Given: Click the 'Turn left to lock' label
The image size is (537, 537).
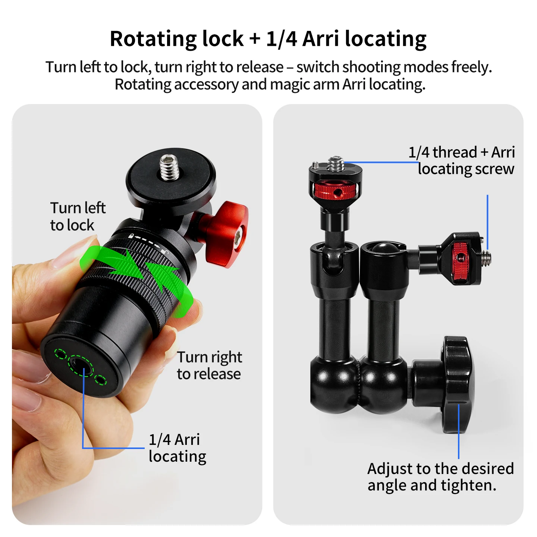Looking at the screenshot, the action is (78, 216).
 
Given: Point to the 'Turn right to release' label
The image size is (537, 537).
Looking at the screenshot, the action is (209, 365).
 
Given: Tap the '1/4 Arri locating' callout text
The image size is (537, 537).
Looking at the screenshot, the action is (177, 448).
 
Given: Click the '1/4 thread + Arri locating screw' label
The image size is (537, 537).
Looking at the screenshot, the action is (462, 160).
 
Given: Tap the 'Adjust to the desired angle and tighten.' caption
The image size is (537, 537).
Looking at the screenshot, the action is (440, 477).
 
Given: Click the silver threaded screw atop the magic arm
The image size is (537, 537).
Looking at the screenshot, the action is (335, 164).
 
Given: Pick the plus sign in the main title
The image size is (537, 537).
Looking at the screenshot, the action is (255, 39).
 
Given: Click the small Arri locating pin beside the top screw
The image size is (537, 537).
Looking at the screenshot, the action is (315, 165).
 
